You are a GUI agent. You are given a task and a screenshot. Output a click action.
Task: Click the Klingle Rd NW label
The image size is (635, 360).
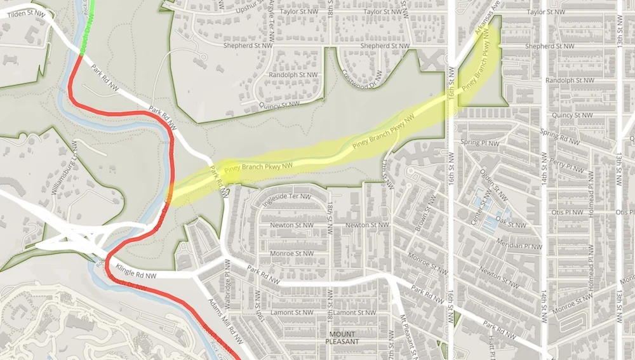click(x=136, y=276)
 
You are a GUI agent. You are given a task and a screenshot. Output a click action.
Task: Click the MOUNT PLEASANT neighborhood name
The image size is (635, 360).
click(x=342, y=337)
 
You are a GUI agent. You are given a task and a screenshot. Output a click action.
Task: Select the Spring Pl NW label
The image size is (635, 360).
click(x=480, y=143)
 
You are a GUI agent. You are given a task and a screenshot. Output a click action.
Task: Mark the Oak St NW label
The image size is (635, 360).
click(x=511, y=224)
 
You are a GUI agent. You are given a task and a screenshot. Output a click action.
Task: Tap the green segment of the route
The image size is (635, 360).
click(x=90, y=25)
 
